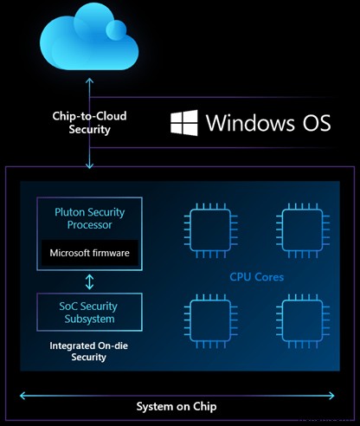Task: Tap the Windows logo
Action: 183,122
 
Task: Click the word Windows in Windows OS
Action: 249,122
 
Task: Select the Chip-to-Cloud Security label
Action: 87,123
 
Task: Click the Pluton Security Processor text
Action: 90,217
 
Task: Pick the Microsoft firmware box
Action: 90,253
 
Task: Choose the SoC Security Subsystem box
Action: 90,313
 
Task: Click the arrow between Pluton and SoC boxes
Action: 90,281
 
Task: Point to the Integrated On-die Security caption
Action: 90,351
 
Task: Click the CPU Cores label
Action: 257,278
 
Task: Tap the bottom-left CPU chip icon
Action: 209,325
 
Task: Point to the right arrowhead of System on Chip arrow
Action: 337,394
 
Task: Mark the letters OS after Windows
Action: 312,122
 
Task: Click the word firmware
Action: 111,253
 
